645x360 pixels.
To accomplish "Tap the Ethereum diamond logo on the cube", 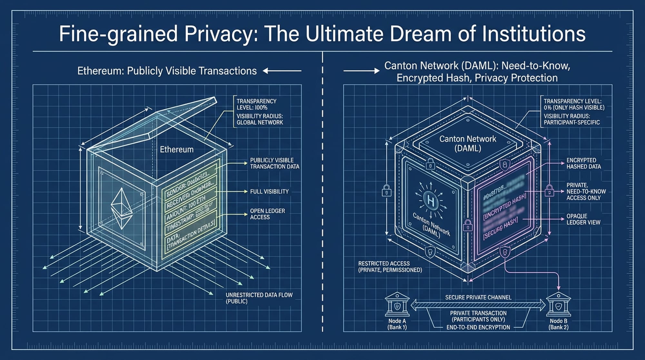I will pyautogui.click(x=122, y=208).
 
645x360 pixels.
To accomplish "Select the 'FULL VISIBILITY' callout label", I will pyautogui.click(x=269, y=192).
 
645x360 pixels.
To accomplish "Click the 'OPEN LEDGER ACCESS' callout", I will pyautogui.click(x=267, y=214).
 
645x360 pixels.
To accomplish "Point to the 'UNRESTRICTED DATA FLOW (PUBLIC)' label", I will pyautogui.click(x=259, y=298).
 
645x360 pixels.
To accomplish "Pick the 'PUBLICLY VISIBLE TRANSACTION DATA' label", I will pyautogui.click(x=274, y=163).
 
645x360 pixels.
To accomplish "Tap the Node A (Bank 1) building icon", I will pyautogui.click(x=397, y=305).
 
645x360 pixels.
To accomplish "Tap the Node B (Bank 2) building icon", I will pyautogui.click(x=558, y=305).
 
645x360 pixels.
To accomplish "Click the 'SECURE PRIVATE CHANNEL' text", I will pyautogui.click(x=478, y=297).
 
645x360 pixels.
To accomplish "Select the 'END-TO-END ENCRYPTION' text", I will pyautogui.click(x=478, y=327).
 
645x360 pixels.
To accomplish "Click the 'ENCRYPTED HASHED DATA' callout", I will pyautogui.click(x=583, y=163).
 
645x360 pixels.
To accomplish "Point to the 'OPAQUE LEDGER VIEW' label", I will pyautogui.click(x=583, y=219).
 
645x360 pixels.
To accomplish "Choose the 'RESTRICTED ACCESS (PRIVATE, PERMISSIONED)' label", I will pyautogui.click(x=390, y=267).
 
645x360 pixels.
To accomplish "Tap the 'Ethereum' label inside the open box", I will pyautogui.click(x=177, y=149).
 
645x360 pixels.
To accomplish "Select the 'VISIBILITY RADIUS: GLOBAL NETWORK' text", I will pyautogui.click(x=260, y=119).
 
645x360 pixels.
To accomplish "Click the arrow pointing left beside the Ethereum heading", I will pyautogui.click(x=282, y=71).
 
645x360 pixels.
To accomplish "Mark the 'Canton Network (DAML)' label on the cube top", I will pyautogui.click(x=468, y=144).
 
